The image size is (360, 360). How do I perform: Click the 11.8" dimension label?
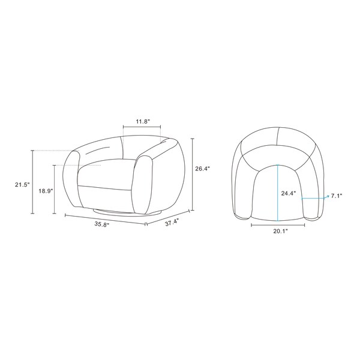pos(143,121)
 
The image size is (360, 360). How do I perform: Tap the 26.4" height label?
pos(203,169)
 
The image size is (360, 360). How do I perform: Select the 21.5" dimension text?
pos(23,184)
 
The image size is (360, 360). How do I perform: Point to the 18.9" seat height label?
pos(46,191)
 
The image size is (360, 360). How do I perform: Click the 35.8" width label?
pos(102,224)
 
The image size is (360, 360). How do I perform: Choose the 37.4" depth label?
pos(172,223)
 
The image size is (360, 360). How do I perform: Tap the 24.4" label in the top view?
pos(289,193)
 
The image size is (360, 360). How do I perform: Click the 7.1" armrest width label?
pos(337,196)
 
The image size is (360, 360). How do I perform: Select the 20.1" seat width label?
pos(280,231)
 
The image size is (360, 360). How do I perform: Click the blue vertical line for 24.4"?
pos(278,193)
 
